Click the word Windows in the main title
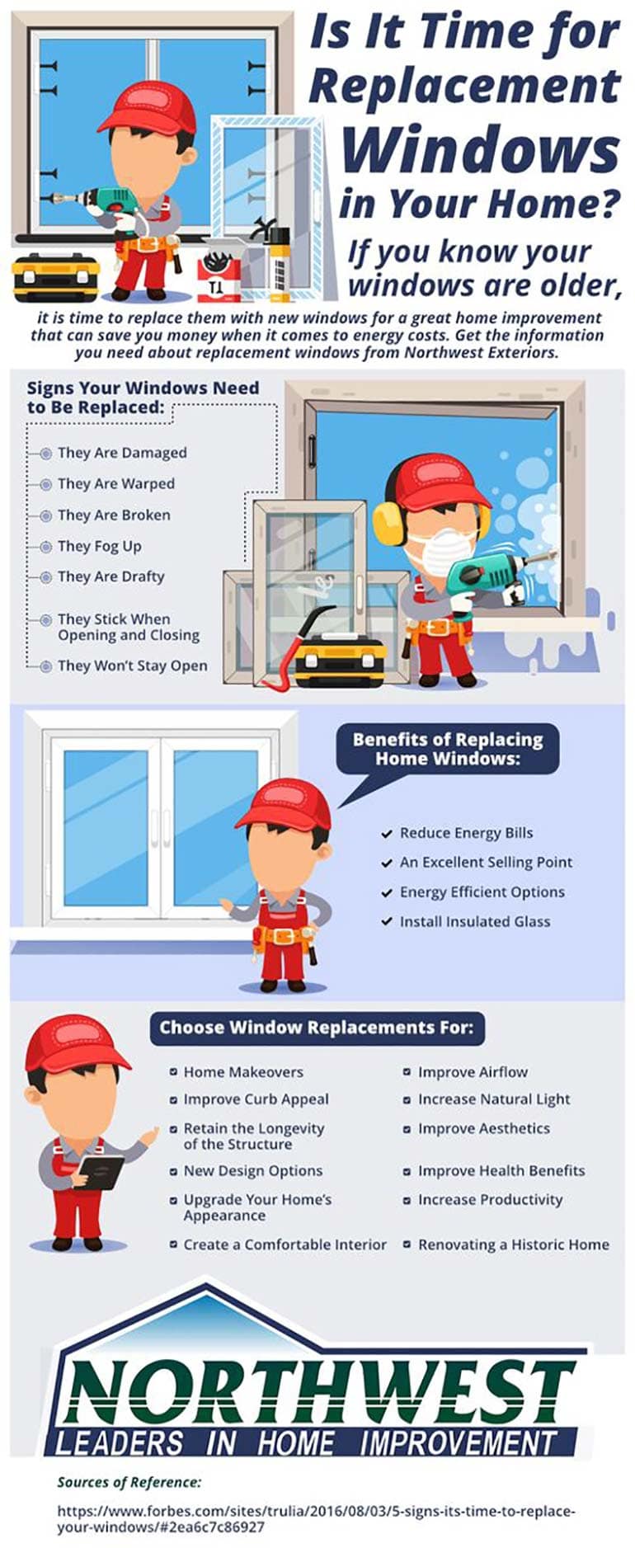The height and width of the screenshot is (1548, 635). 480,150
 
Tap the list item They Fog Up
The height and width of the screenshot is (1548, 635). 99,546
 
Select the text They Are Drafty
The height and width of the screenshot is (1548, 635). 111,576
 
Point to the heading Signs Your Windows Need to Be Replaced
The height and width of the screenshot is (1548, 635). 143,397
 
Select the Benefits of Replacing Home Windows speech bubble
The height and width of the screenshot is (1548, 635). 447,749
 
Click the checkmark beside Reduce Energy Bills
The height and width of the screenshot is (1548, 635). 386,834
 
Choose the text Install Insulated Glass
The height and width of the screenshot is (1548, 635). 474,921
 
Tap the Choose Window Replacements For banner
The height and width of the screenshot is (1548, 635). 317,1028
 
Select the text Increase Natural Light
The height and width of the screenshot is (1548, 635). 493,1099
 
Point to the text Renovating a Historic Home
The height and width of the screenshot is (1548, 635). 513,1245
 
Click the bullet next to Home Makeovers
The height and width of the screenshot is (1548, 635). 173,1072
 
